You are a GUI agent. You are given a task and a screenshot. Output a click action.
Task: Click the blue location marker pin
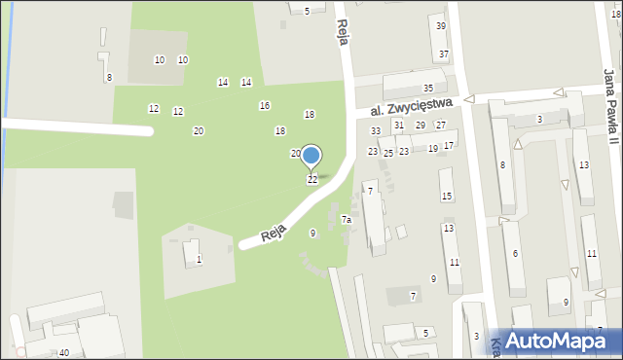311,156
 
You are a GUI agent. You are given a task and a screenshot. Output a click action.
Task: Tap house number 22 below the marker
312,180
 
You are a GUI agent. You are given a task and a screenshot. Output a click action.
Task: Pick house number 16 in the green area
264,105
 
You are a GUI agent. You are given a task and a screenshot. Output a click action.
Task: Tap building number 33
375,131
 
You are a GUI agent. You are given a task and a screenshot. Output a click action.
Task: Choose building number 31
398,126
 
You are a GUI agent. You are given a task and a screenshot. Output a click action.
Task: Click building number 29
421,126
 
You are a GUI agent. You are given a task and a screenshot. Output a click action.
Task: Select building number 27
441,126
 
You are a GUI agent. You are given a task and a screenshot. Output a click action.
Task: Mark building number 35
427,89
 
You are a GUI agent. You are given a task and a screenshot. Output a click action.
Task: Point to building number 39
441,26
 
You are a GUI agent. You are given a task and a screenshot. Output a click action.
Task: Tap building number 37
444,54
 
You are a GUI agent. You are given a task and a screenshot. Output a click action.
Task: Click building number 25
387,154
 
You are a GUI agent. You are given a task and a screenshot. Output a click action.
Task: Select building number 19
433,149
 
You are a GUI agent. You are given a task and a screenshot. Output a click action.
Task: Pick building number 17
449,146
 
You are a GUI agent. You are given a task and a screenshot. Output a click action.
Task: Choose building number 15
447,197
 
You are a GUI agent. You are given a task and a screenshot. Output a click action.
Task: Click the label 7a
346,220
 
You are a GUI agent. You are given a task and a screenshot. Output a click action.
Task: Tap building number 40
64,352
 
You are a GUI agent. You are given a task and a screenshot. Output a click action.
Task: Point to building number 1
200,259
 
